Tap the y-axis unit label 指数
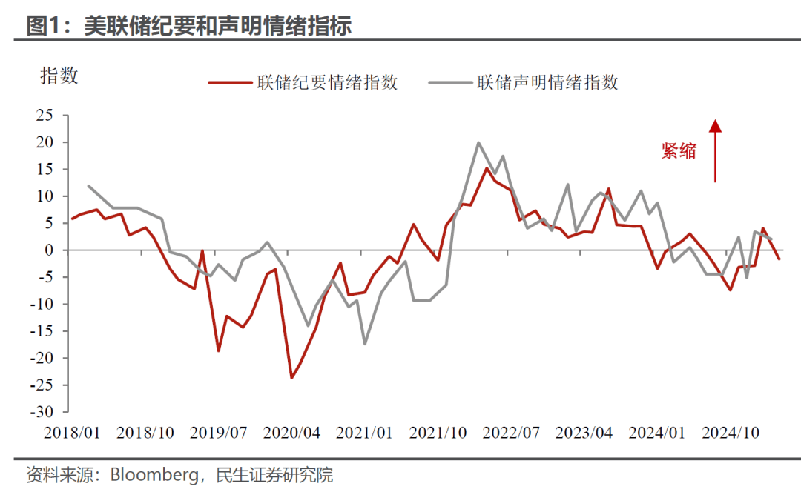point(59,76)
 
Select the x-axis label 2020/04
point(292,432)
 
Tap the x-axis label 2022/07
point(512,432)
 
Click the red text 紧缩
point(679,151)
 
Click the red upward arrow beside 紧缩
point(715,152)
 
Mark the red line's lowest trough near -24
point(291,378)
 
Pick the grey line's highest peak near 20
point(478,142)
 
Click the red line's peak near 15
point(487,168)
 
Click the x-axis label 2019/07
point(218,432)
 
